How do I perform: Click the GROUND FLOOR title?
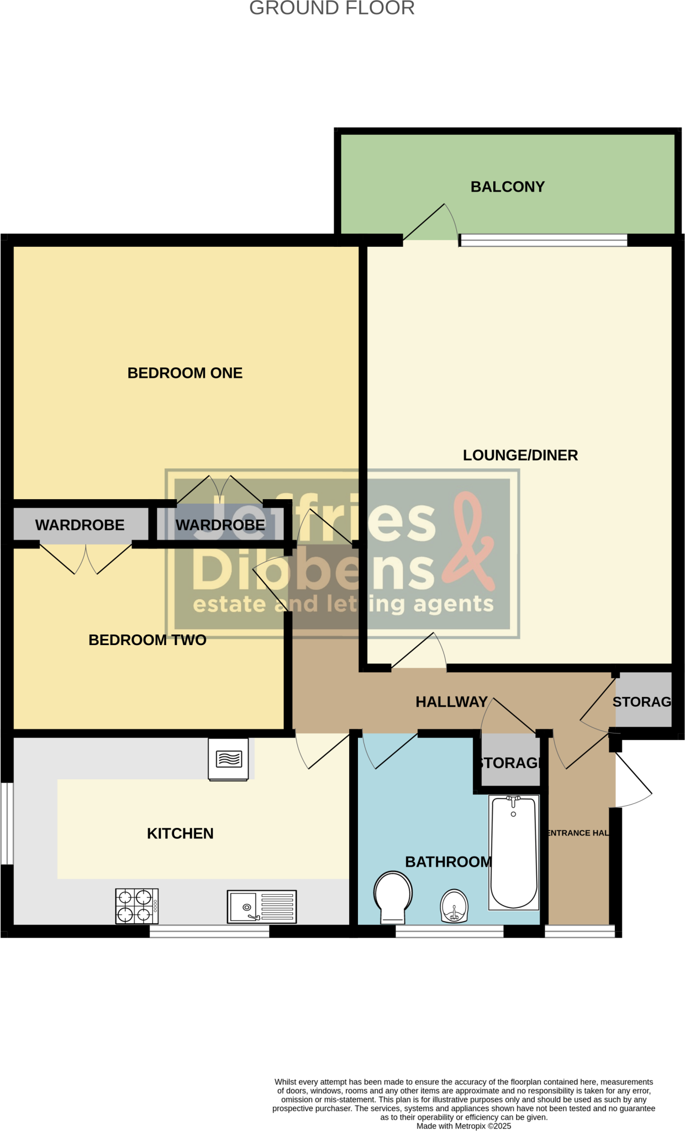(x=331, y=8)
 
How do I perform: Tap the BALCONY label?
(x=507, y=187)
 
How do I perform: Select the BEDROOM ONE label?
(x=185, y=373)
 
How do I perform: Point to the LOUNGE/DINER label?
(x=520, y=455)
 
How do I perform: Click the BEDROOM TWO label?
(x=147, y=640)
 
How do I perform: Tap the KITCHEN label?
(x=180, y=833)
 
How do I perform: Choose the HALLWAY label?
(x=451, y=702)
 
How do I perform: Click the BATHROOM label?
(x=448, y=862)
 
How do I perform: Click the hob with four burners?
(x=137, y=906)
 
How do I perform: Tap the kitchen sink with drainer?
(x=262, y=906)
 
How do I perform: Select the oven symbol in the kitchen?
(x=228, y=759)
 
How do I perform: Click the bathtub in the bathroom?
(x=514, y=852)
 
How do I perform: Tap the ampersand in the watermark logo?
(x=470, y=541)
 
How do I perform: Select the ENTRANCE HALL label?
(x=577, y=833)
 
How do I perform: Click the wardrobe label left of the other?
(x=80, y=525)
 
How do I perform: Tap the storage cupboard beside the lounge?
(x=643, y=702)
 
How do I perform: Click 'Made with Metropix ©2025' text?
(x=463, y=1126)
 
